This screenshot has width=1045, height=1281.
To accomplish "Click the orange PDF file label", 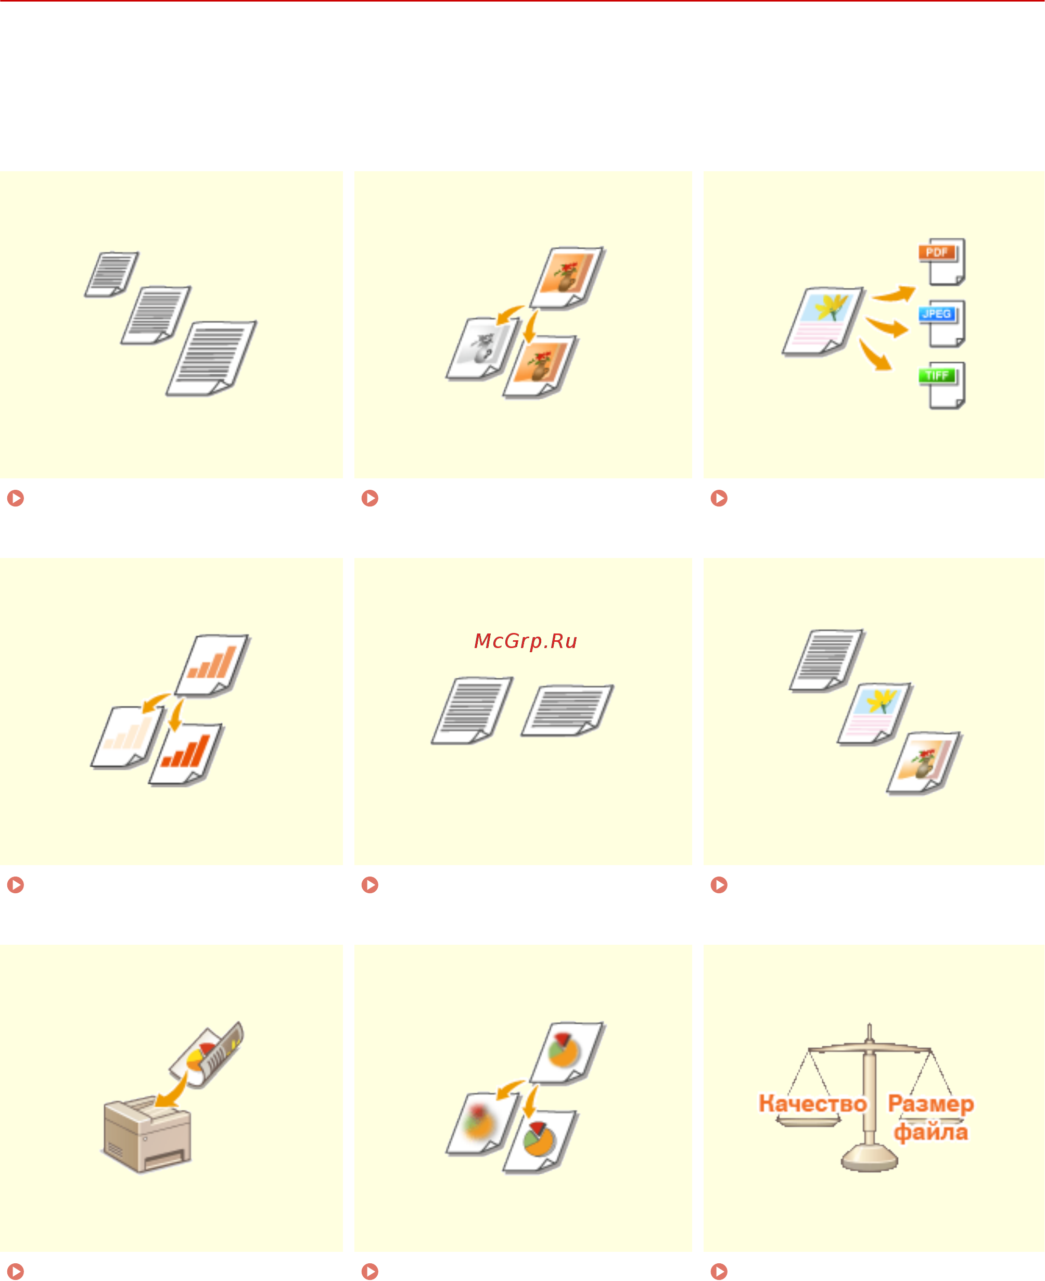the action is pos(937,252).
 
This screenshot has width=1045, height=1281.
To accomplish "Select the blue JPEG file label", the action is pos(937,314).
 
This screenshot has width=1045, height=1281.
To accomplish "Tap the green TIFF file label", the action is pos(937,376).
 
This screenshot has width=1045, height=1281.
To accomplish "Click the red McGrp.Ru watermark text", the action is pos(526,641).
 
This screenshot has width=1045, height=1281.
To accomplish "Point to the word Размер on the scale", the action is pos(931,1104).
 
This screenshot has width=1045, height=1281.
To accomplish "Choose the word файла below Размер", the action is pos(931,1132).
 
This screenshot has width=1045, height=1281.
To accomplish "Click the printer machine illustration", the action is pos(147,1134).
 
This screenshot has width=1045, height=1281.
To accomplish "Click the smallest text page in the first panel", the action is pos(111,274).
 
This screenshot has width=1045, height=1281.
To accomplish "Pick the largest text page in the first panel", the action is pos(211,359).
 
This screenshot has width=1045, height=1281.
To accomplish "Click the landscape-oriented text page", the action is pos(567,711).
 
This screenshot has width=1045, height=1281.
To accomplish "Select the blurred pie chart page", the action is pos(482,1123).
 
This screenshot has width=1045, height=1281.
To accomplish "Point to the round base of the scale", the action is pos(869,1157).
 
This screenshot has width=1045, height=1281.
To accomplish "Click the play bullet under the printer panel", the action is pos(16,1271).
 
